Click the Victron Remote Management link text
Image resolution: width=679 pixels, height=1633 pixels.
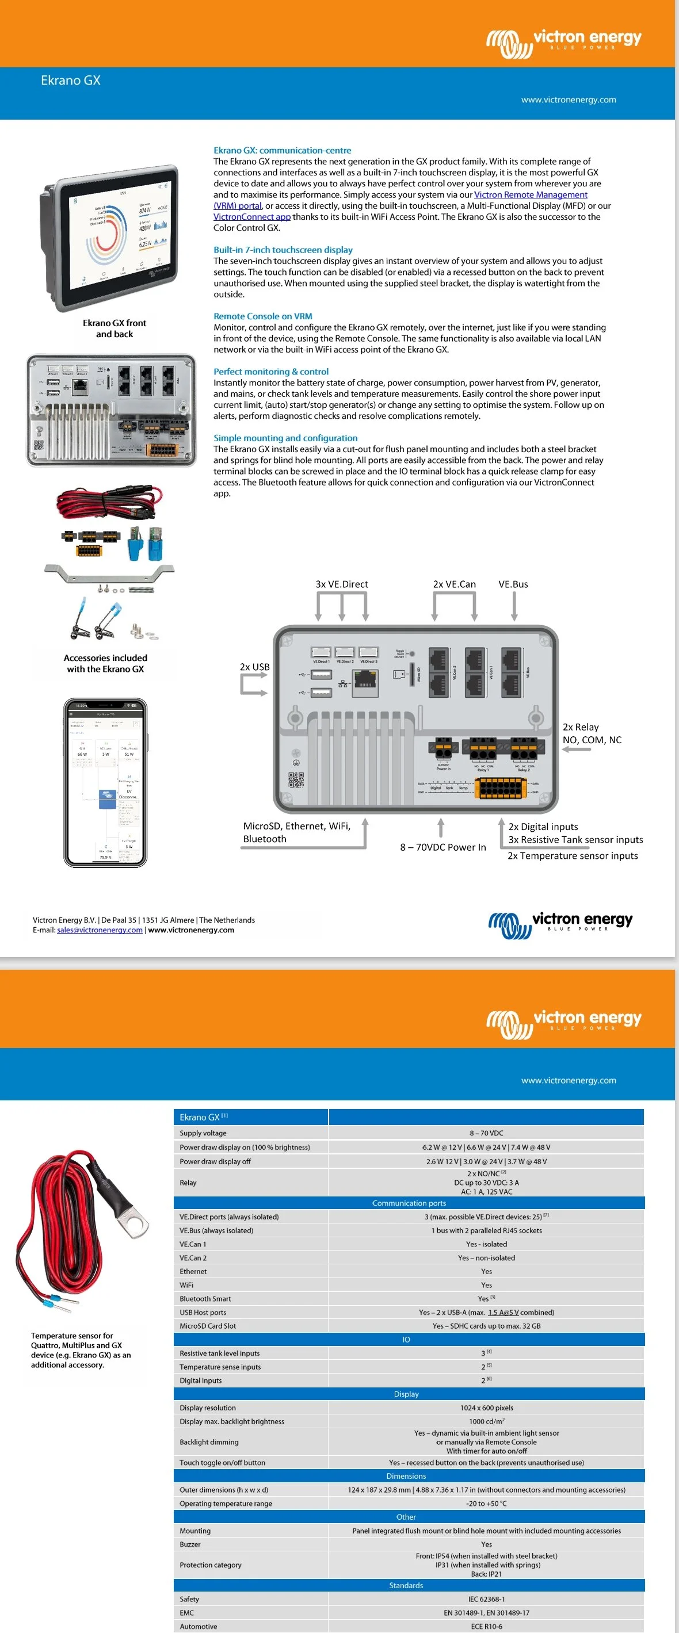point(531,194)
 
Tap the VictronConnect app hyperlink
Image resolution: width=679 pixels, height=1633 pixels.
point(251,217)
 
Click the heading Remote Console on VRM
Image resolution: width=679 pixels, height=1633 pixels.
point(262,316)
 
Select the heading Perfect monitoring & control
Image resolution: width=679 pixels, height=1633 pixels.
point(270,372)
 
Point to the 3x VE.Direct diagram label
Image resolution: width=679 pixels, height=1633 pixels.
point(342,584)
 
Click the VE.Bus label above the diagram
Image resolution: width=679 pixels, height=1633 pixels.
point(513,584)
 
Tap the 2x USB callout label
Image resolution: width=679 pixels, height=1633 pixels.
point(254,667)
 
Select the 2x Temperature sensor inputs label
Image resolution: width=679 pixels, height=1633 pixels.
point(573,856)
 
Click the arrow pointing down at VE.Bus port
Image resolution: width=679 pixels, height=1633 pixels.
point(514,607)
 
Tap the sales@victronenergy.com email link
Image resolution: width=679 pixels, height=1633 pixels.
point(100,930)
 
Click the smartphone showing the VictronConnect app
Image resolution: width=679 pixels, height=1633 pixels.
point(105,782)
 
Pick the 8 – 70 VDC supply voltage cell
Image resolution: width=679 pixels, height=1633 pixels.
point(486,1133)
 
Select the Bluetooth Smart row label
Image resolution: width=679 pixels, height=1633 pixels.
point(205,1299)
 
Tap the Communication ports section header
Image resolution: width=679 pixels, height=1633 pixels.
point(409,1203)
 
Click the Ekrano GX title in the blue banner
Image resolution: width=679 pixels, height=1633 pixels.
point(70,81)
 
